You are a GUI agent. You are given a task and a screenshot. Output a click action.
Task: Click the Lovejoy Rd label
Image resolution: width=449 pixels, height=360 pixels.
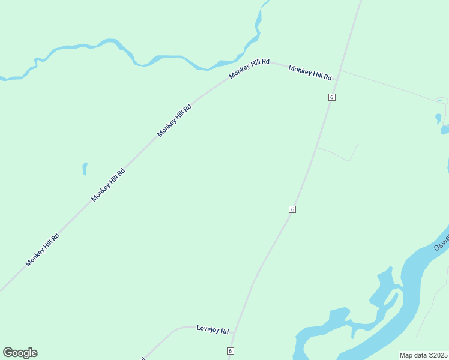pos(212,330)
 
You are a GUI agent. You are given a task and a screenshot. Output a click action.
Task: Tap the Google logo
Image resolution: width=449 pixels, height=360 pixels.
pos(20,353)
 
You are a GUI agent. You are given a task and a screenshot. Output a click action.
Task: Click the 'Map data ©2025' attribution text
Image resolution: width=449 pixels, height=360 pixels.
pos(424,355)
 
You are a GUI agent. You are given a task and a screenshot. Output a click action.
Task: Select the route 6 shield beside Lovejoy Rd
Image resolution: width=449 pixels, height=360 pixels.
pos(230,350)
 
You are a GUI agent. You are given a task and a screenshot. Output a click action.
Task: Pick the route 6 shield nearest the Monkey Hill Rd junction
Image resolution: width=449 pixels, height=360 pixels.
pos(331,97)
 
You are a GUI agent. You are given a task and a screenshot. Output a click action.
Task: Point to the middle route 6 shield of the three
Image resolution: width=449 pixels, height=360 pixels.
pos(292,209)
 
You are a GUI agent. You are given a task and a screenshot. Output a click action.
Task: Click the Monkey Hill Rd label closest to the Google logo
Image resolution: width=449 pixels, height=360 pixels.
pos(43,250)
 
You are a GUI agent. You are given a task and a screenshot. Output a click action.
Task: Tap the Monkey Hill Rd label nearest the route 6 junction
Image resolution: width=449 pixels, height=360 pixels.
pos(310,73)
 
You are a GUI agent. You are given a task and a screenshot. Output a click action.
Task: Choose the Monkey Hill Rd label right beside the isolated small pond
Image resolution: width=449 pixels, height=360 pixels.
pos(108,185)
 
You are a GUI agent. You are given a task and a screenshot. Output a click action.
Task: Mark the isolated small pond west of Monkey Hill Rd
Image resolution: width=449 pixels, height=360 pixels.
pos(85,169)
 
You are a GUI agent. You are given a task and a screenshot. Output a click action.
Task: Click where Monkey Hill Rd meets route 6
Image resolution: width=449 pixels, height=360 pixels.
pos(340,71)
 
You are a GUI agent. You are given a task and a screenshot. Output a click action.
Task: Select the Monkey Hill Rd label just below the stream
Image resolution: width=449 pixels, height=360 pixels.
pos(249,69)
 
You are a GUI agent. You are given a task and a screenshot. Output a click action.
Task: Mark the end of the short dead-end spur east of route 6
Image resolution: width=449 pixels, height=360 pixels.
pos(358,145)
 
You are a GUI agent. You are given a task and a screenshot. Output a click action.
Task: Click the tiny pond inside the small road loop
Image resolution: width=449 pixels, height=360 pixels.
pos(441,100)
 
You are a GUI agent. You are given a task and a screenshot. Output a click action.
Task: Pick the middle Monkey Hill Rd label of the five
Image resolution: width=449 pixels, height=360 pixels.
pos(174,121)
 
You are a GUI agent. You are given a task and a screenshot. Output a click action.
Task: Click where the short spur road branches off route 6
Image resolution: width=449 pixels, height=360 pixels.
pos(316,147)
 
